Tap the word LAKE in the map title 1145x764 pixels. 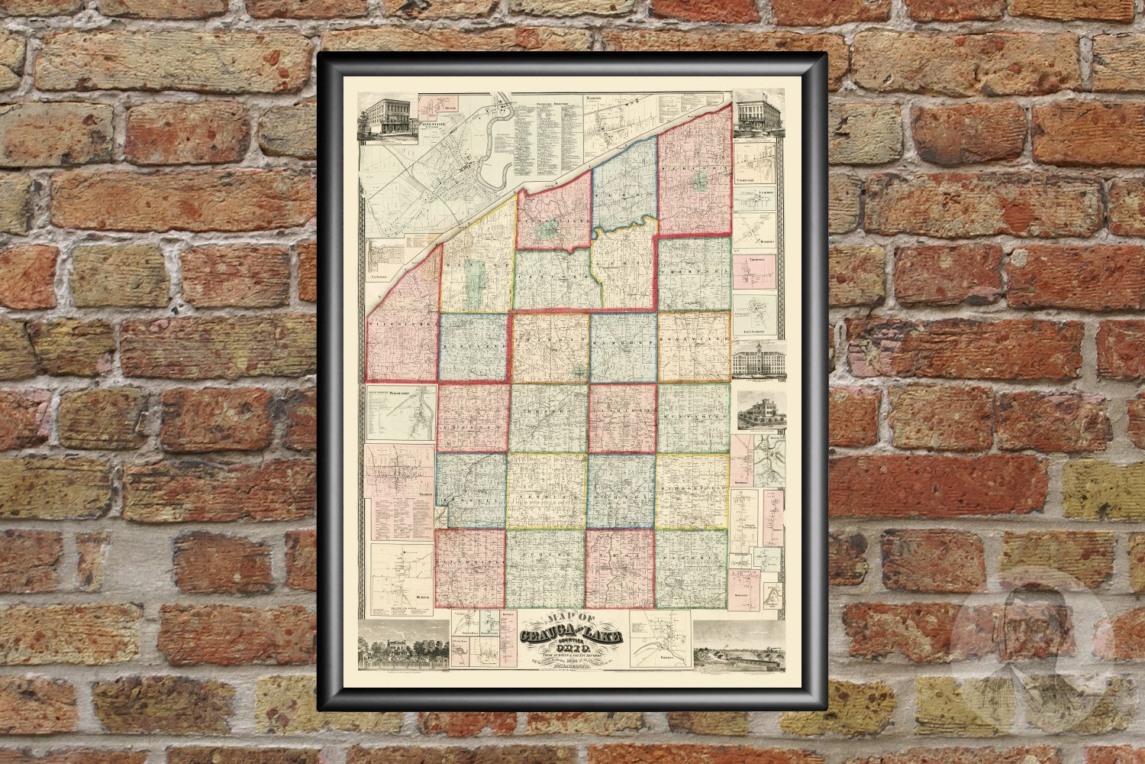(604, 636)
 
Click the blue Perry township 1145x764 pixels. (624, 183)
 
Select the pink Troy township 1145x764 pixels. (621, 566)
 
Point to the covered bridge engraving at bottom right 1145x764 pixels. (739, 649)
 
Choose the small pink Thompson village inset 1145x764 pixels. (754, 271)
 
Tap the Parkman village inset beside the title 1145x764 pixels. (661, 639)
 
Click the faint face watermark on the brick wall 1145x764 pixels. (1023, 642)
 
